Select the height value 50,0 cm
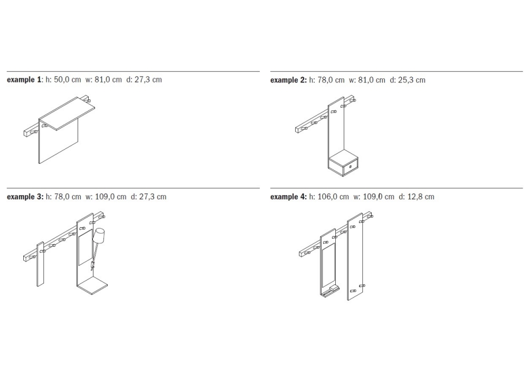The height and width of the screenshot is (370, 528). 68,80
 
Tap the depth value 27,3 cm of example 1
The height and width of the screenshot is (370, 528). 148,80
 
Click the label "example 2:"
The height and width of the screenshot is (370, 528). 289,80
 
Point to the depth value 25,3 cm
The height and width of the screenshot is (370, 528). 412,80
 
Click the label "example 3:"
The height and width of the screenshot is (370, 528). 25,197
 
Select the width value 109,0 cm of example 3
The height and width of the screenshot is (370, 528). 111,197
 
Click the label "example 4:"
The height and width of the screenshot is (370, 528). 289,197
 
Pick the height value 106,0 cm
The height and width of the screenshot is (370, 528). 333,197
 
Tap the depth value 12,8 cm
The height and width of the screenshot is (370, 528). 421,197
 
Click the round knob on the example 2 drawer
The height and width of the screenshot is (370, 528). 350,166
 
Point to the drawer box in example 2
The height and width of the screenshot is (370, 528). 343,164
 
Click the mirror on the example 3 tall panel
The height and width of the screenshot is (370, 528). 85,247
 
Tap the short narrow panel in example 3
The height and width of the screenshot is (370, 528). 41,264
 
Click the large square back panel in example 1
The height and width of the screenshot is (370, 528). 59,140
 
